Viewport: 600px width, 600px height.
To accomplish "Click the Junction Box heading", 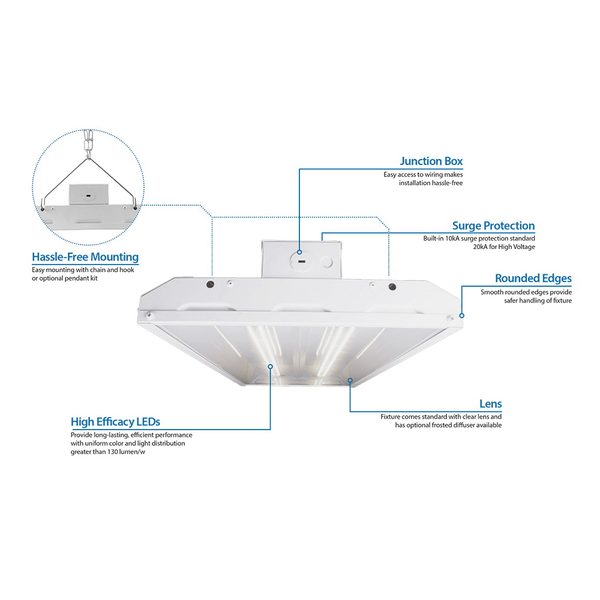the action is pyautogui.click(x=431, y=161).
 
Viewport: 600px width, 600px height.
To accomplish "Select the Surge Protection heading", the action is pyautogui.click(x=494, y=226).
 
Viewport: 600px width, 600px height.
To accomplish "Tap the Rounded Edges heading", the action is pyautogui.click(x=533, y=278).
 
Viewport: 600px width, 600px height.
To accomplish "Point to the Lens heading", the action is pyautogui.click(x=491, y=404).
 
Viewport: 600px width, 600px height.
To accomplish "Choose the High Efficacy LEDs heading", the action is pyautogui.click(x=116, y=422).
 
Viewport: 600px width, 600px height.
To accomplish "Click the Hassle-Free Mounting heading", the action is pyautogui.click(x=85, y=257).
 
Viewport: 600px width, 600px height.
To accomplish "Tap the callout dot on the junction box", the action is pyautogui.click(x=299, y=252).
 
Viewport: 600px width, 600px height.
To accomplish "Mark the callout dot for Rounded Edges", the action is pyautogui.click(x=462, y=316).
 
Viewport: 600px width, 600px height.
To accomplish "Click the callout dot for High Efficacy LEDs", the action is pyautogui.click(x=270, y=367).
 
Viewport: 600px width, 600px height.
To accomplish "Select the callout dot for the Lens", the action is pyautogui.click(x=350, y=380).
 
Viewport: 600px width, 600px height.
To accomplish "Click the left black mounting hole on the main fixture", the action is pyautogui.click(x=210, y=284).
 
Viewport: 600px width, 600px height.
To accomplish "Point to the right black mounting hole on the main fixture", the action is pyautogui.click(x=392, y=287).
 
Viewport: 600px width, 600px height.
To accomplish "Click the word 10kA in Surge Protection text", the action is pyautogui.click(x=452, y=238).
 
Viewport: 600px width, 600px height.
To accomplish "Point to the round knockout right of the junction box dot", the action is pyautogui.click(x=326, y=262).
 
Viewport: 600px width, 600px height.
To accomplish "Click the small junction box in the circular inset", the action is pyautogui.click(x=88, y=195).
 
